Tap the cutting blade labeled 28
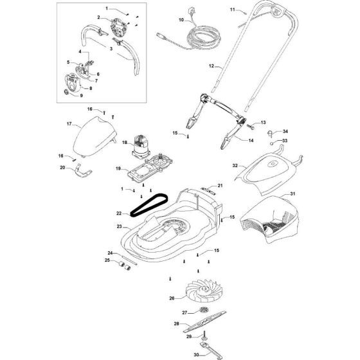204,321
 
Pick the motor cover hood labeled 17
94,138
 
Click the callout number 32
235,166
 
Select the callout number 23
119,226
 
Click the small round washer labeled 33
271,143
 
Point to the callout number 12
212,66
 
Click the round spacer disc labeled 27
204,310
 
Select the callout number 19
118,168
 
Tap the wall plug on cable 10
191,10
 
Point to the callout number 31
292,194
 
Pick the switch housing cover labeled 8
73,83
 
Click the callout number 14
251,140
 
